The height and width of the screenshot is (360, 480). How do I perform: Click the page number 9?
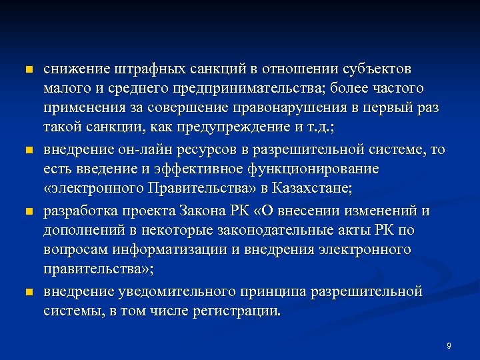coord(449,345)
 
